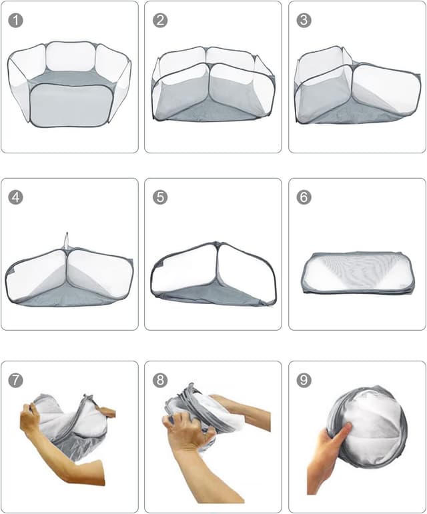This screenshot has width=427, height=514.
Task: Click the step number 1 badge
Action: point(16,20)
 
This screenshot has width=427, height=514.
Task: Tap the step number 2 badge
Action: point(160,20)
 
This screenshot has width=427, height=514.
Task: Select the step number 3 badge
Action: point(304,20)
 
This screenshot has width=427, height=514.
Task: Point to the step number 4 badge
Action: point(16,197)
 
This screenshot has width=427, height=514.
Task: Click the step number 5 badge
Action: point(160,197)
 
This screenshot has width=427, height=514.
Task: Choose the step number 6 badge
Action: point(304,197)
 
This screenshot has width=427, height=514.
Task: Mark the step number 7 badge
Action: point(16,380)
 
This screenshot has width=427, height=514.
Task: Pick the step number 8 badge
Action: point(160,380)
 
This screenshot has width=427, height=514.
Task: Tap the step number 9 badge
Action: point(304,380)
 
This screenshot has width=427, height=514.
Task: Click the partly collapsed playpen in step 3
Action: point(357,87)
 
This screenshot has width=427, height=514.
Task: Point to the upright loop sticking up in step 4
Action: point(66,240)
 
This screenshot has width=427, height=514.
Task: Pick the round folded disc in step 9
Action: point(370,423)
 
